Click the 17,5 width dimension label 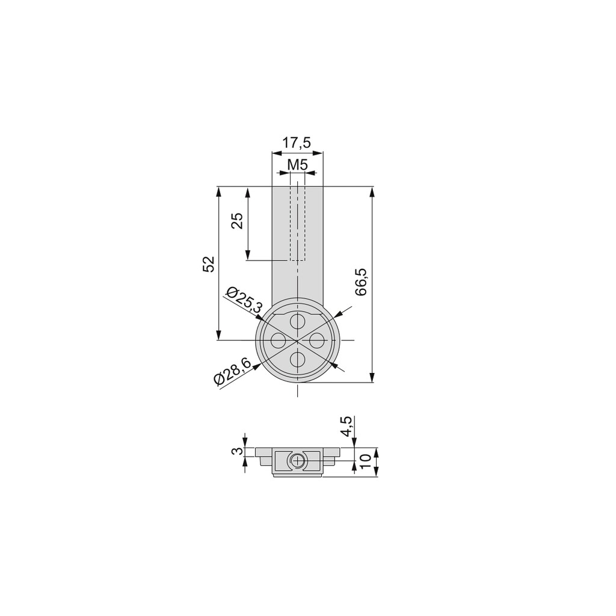[x=297, y=143]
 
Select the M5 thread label [x=297, y=164]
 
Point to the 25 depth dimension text [x=237, y=221]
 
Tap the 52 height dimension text [x=208, y=263]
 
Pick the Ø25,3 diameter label [x=244, y=301]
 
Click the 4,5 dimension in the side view [x=346, y=427]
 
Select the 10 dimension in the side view [x=365, y=462]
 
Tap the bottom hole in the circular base [x=298, y=360]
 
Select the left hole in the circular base [x=278, y=341]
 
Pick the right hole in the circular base [x=317, y=341]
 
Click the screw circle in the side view [x=297, y=462]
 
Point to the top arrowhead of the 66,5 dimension [x=373, y=192]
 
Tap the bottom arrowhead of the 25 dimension [x=247, y=255]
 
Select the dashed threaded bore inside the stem [x=297, y=223]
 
